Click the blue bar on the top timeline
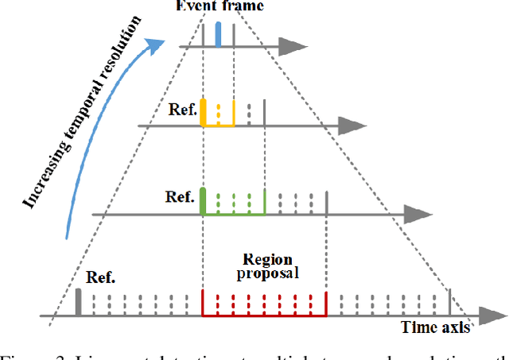click(219, 34)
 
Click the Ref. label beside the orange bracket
click(182, 110)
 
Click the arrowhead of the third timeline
click(415, 214)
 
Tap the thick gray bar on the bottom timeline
click(78, 303)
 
